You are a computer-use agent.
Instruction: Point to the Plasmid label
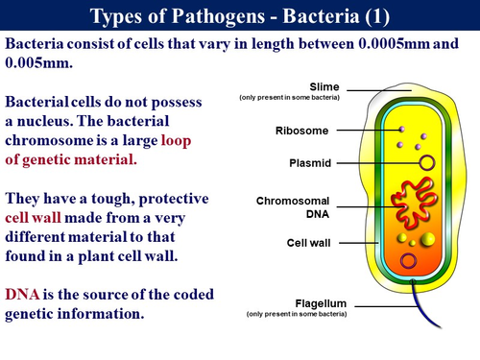point(309,164)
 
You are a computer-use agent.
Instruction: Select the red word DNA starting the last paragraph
point(23,294)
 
